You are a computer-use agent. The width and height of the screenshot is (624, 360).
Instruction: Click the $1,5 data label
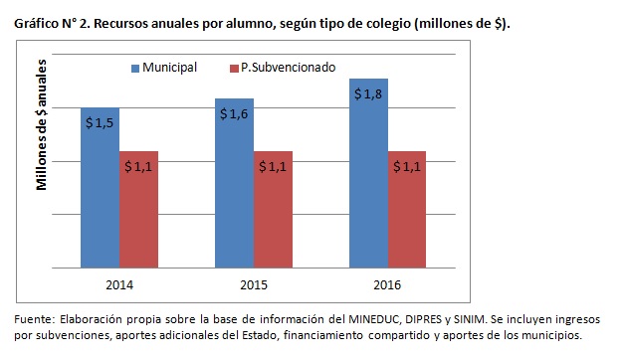click(x=99, y=122)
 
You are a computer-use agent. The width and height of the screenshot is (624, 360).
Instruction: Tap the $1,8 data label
click(x=367, y=93)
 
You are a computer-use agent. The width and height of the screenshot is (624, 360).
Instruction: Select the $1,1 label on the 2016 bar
click(x=407, y=166)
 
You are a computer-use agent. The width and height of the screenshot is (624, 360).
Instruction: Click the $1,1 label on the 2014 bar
click(x=138, y=166)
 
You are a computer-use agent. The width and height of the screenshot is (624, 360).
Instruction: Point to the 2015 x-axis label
click(x=253, y=284)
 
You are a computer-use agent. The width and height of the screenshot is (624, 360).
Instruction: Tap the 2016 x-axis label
click(x=387, y=284)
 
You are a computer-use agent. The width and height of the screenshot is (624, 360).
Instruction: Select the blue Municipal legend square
click(x=135, y=68)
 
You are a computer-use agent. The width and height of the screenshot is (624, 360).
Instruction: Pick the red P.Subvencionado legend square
click(x=232, y=68)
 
